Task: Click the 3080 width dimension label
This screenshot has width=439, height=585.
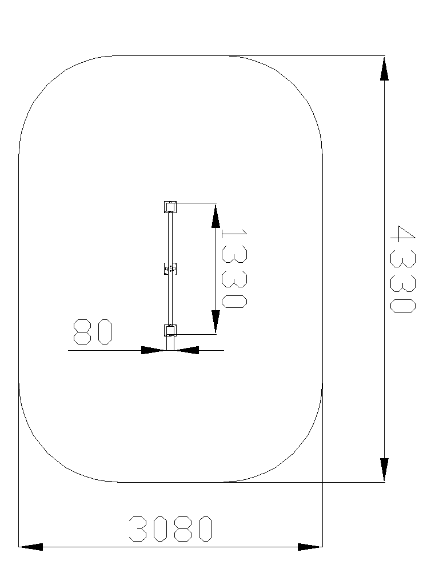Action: (x=171, y=528)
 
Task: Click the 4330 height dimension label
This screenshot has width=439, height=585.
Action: (x=403, y=269)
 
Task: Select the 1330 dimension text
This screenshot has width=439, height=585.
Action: (x=234, y=269)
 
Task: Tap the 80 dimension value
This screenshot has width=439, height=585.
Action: (x=93, y=332)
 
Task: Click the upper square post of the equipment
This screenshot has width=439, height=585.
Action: (x=170, y=207)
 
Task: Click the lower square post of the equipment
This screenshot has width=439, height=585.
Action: (x=170, y=330)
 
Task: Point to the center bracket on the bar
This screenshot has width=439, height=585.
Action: (x=170, y=269)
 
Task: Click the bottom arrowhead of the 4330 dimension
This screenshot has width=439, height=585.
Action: (x=384, y=470)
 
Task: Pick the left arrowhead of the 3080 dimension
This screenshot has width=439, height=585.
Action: (x=31, y=547)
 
